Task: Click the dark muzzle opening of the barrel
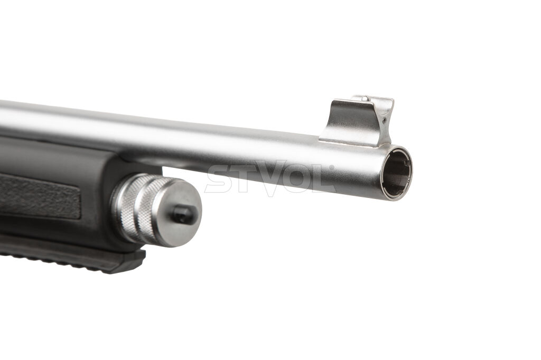tap(396, 173)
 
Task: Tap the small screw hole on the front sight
tap(385, 120)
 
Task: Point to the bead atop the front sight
tap(365, 99)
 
